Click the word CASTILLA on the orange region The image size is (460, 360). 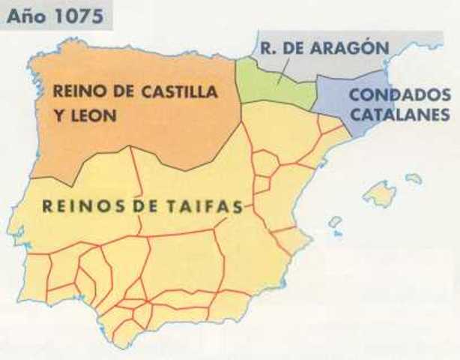click(182, 93)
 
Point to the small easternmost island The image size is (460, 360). click(414, 178)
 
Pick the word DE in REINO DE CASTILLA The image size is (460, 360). click(122, 93)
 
